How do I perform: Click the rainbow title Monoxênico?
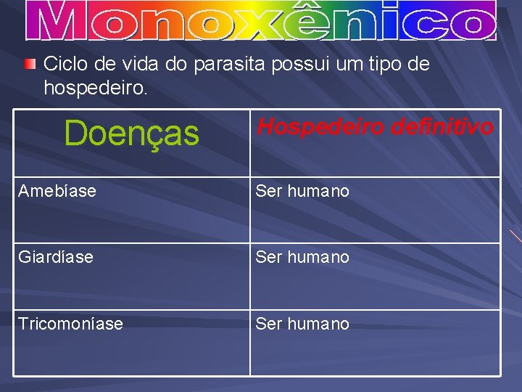click(261, 21)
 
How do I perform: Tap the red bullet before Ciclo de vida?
click(29, 65)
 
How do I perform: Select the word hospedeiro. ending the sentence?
click(96, 88)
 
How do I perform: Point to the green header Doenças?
click(131, 133)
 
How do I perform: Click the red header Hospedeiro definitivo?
click(376, 127)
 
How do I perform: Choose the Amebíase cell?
click(57, 191)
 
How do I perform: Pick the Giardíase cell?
click(56, 257)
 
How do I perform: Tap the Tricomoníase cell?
click(70, 324)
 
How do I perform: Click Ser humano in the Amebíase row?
click(302, 191)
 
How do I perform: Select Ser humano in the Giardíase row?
click(302, 257)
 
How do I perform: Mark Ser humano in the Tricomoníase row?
click(302, 324)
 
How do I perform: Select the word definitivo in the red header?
click(442, 127)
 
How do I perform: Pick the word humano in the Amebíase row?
click(318, 191)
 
